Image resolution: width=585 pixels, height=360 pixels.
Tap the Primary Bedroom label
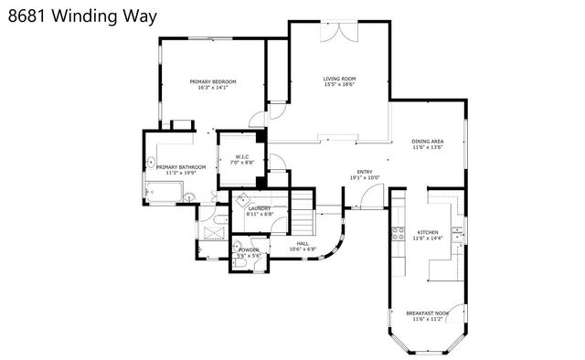[213, 82]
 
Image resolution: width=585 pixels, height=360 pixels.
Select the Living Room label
[339, 79]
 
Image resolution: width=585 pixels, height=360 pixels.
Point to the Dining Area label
[427, 142]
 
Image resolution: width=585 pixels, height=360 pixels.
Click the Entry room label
[365, 172]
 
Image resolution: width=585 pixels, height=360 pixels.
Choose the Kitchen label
[428, 232]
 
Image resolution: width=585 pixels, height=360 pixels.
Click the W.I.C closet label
[242, 156]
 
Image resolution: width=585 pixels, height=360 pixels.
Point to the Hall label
[302, 243]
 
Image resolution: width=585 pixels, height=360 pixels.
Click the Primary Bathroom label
[180, 167]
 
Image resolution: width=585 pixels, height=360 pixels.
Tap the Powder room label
[249, 249]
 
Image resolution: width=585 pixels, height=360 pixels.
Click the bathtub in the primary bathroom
[163, 192]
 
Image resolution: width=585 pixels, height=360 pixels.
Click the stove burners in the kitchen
[399, 233]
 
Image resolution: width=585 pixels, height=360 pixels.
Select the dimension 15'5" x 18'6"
[339, 87]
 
